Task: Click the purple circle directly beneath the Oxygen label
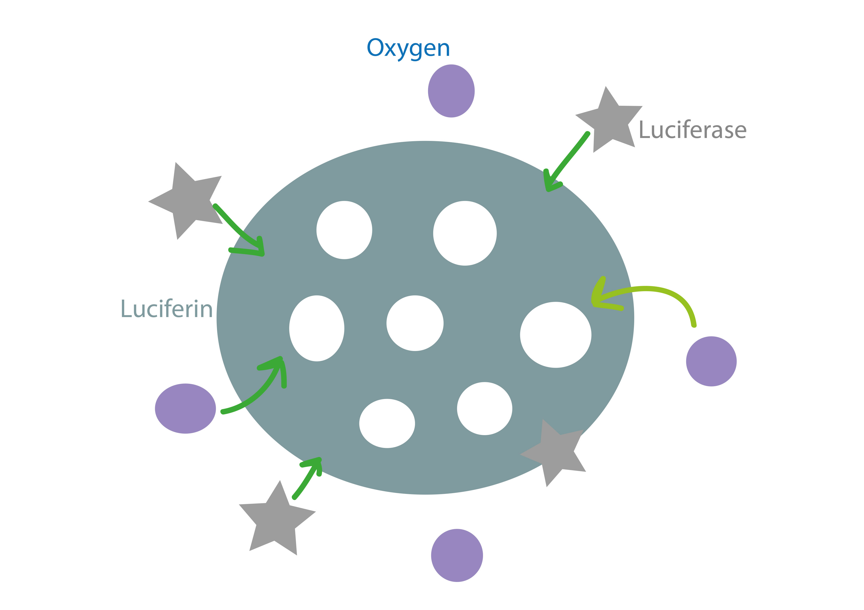(x=451, y=91)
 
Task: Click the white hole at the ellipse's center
(x=415, y=323)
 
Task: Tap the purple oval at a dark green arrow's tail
(x=185, y=409)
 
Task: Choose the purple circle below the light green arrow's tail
(x=711, y=361)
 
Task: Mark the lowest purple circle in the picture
(x=457, y=555)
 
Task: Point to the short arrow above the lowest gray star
(x=307, y=477)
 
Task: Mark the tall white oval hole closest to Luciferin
(x=316, y=329)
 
